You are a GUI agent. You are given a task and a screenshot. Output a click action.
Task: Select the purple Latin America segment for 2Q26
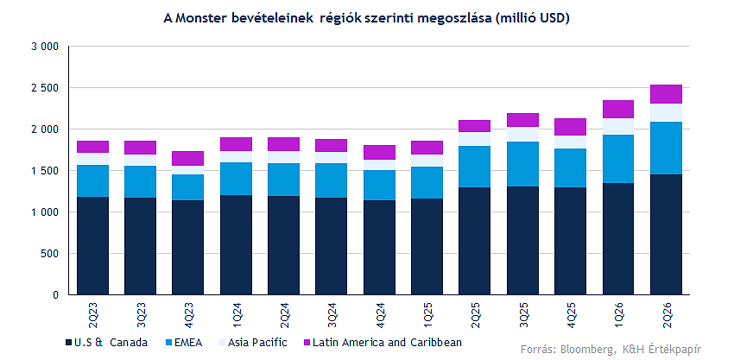666,94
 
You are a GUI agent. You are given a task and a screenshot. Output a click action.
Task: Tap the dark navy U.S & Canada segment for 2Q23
92,246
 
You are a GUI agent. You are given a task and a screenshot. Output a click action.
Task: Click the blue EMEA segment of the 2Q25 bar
474,167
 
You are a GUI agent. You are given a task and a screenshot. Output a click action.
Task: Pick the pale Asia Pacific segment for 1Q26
618,126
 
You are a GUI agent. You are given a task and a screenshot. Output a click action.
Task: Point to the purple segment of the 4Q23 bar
187,158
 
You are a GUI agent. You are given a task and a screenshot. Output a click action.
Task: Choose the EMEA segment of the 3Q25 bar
522,164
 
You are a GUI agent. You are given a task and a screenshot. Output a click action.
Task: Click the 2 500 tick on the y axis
45,88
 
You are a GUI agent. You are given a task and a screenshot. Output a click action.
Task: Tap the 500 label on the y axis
50,254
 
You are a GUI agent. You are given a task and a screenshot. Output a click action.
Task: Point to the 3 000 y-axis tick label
45,47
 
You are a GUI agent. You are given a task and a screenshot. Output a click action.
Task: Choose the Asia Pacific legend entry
252,343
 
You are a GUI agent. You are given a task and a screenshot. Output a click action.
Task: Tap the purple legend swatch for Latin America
307,343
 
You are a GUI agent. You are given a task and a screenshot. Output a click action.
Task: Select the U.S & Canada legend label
111,343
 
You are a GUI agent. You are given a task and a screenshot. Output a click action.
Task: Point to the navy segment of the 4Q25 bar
570,241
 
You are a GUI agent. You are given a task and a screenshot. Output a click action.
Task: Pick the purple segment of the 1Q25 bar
427,148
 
